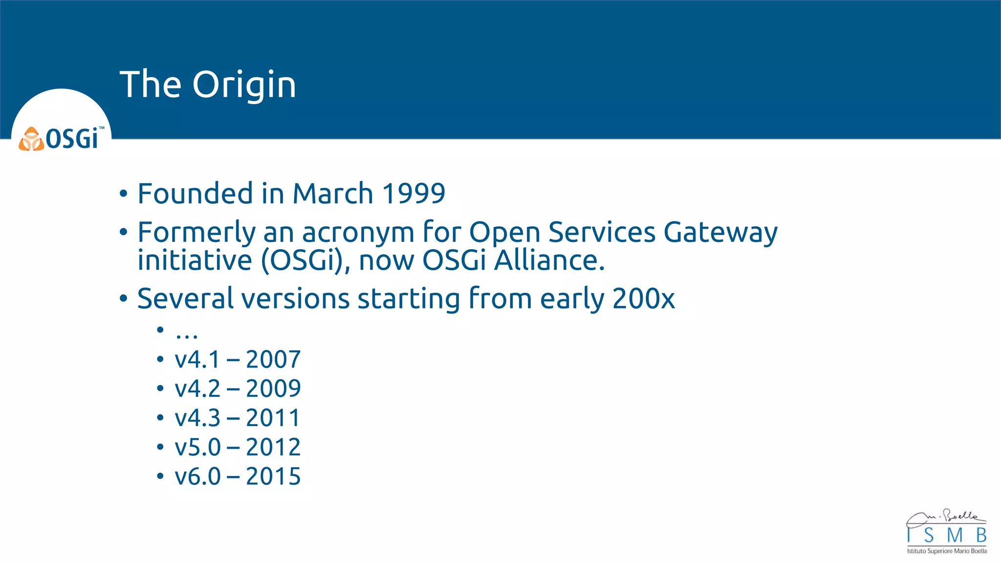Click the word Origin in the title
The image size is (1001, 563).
click(244, 85)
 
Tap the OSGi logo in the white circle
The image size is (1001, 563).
click(61, 139)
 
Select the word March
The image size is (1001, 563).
click(333, 193)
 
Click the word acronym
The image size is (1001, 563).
click(358, 232)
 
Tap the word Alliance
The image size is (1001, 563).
click(549, 260)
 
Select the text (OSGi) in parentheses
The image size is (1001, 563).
click(305, 260)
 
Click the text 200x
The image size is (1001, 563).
click(643, 298)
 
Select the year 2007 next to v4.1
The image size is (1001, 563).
click(273, 360)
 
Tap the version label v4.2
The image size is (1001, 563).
click(197, 389)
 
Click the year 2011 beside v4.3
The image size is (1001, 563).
click(273, 418)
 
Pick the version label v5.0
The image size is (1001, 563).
click(197, 447)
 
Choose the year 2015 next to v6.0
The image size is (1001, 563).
click(273, 476)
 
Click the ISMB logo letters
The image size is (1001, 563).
click(946, 535)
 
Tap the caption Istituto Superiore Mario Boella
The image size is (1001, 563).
click(947, 551)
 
